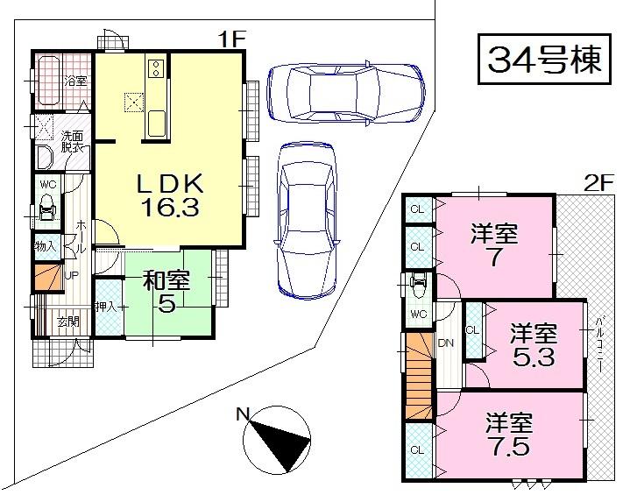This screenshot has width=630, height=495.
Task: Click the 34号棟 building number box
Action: pyautogui.click(x=544, y=60)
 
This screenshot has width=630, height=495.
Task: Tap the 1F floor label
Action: pyautogui.click(x=234, y=39)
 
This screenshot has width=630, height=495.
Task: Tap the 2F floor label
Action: pyautogui.click(x=598, y=183)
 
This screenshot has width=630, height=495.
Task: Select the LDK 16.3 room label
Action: pyautogui.click(x=169, y=194)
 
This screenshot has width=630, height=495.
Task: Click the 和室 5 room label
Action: pyautogui.click(x=166, y=293)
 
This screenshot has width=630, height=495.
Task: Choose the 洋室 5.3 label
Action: pyautogui.click(x=534, y=344)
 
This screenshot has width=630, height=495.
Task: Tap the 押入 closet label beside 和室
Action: pyautogui.click(x=109, y=307)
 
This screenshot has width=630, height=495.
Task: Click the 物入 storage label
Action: pyautogui.click(x=45, y=246)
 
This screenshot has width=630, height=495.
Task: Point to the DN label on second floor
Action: pyautogui.click(x=445, y=343)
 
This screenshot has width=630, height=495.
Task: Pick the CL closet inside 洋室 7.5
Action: pyautogui.click(x=417, y=452)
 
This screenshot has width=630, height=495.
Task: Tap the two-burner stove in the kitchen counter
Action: pyautogui.click(x=156, y=67)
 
